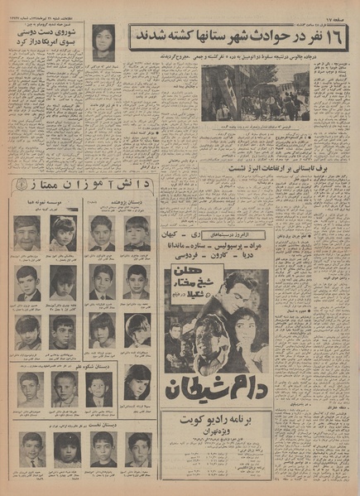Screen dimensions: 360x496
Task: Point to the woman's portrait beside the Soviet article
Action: (x=103, y=41)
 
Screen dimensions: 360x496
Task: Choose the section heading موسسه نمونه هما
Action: (x=43, y=200)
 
